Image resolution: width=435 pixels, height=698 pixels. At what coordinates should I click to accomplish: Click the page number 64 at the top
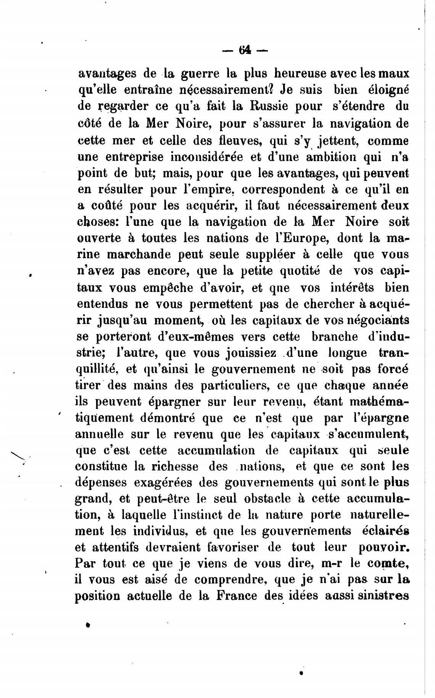[245, 50]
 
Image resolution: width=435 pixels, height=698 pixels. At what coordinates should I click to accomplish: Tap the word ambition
[329, 156]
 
